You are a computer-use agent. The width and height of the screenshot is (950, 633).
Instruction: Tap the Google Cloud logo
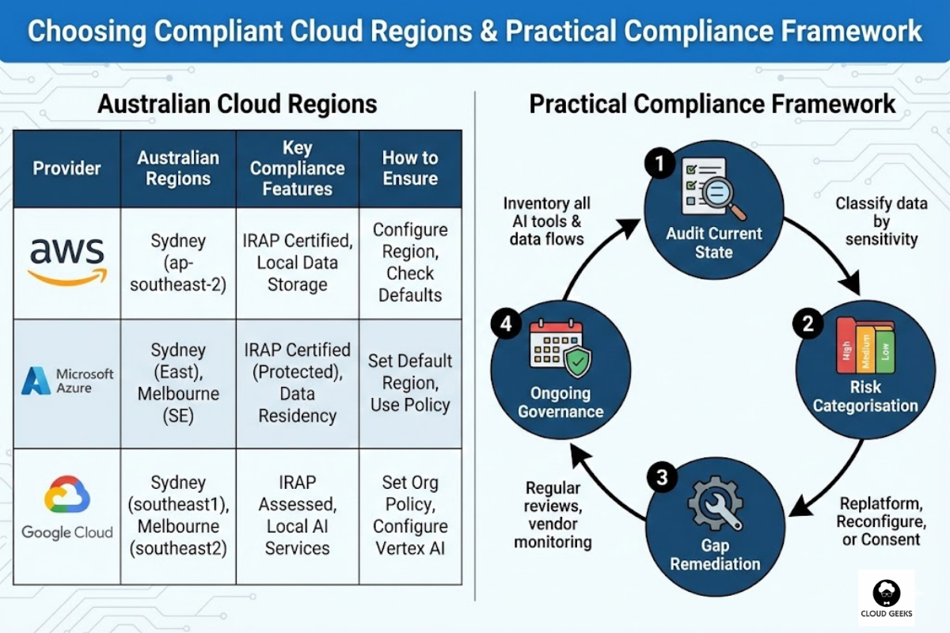[x=67, y=506]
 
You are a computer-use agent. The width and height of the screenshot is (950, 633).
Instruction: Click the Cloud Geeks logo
[x=886, y=597]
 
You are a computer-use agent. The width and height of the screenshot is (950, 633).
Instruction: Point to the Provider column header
[x=67, y=169]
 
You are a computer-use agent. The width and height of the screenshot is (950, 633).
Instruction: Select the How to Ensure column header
[x=410, y=168]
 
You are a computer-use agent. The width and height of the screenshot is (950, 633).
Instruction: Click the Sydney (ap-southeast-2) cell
[x=178, y=262]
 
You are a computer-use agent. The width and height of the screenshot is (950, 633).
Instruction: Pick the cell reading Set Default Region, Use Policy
[x=410, y=383]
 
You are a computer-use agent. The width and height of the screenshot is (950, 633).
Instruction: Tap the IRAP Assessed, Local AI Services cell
[x=297, y=514]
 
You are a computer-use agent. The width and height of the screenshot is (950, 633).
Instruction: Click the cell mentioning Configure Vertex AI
[x=410, y=514]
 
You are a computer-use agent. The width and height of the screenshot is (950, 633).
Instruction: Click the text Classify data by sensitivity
[x=881, y=221]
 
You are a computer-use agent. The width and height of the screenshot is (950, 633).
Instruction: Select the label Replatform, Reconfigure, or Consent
[x=880, y=521]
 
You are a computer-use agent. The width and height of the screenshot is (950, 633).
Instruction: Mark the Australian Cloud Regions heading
[x=237, y=104]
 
